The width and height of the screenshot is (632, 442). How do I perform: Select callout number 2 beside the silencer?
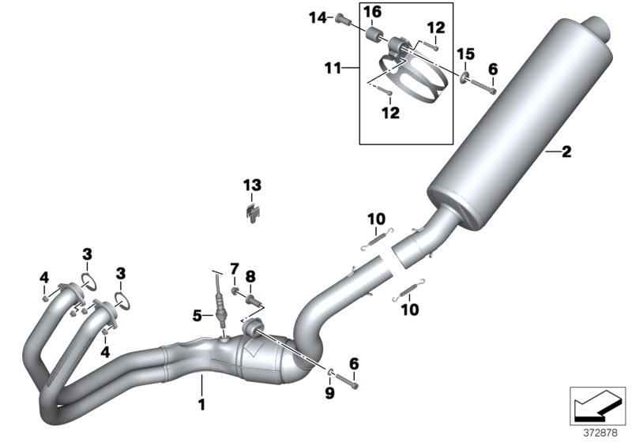pos(566,152)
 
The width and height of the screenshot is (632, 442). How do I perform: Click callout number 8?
pos(251,275)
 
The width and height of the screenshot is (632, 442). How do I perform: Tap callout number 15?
pos(466,54)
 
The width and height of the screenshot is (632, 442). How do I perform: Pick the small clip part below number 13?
pos(251,212)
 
